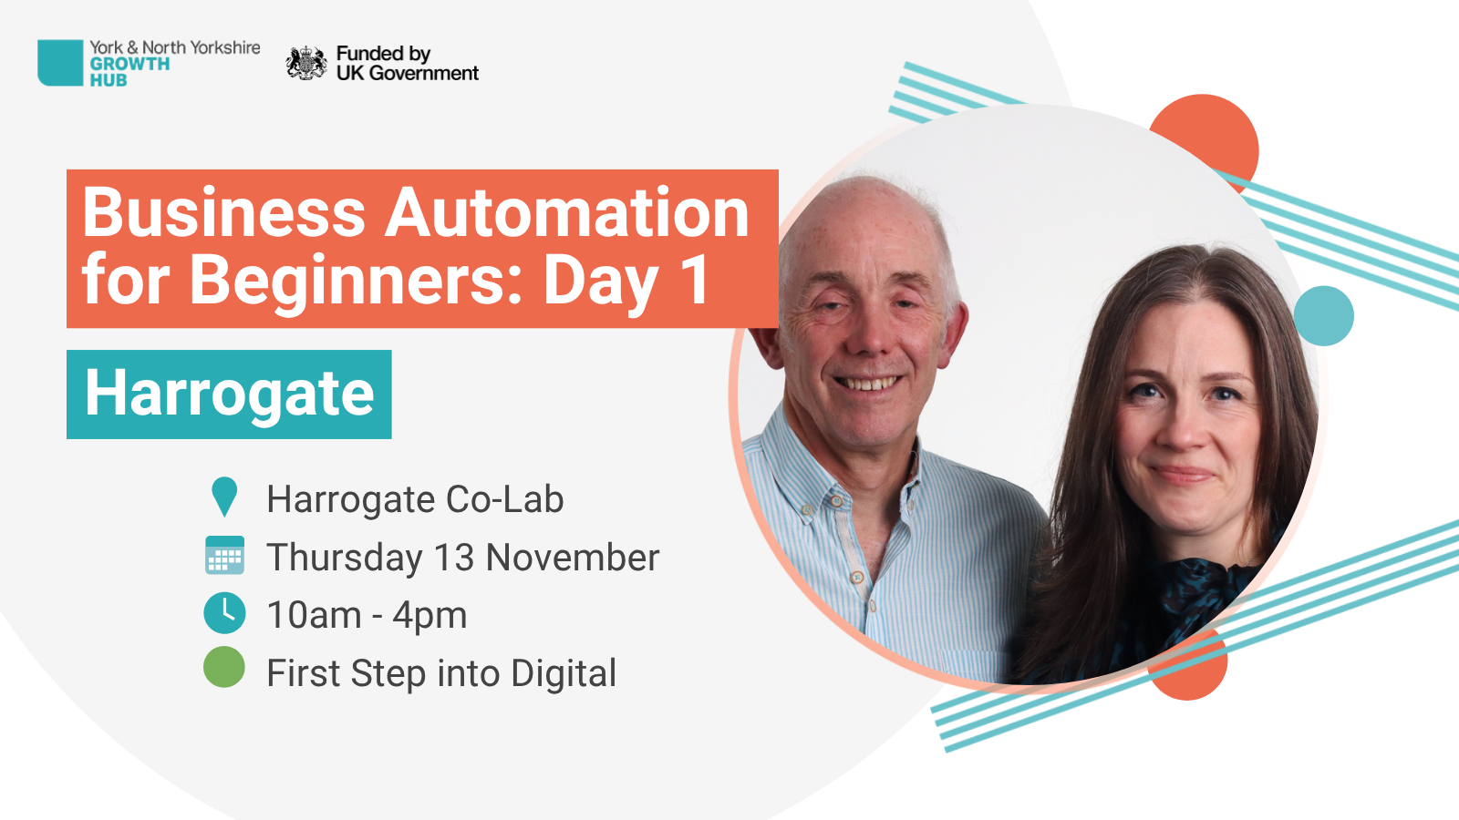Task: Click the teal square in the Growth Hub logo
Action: click(x=60, y=63)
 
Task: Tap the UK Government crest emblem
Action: click(x=306, y=63)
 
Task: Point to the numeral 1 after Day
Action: click(x=694, y=280)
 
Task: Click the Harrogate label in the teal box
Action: click(x=229, y=394)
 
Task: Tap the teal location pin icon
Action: click(x=224, y=497)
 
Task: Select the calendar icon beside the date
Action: click(x=224, y=555)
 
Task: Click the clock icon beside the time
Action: click(x=224, y=613)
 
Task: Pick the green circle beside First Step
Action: click(x=224, y=667)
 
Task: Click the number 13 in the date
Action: click(x=453, y=558)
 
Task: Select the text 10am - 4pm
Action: click(x=367, y=616)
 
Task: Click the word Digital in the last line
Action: click(x=564, y=674)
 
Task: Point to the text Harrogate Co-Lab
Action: click(x=415, y=499)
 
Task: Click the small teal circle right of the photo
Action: click(x=1324, y=315)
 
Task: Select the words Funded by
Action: click(x=383, y=54)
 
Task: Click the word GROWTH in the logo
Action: click(x=129, y=64)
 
